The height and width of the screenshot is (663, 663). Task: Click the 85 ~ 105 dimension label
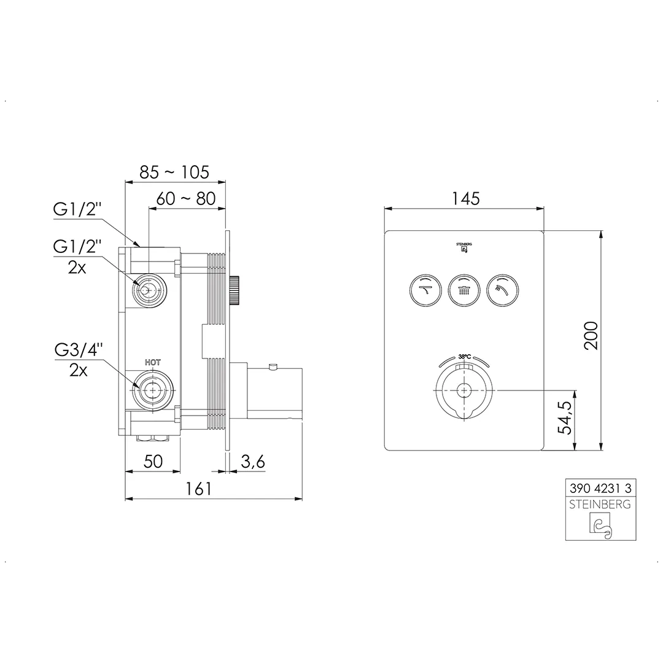tap(174, 172)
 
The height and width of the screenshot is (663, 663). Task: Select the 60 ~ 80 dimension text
tap(186, 198)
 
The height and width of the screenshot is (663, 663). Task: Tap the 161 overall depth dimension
tap(198, 489)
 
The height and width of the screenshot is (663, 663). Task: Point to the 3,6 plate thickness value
tap(253, 462)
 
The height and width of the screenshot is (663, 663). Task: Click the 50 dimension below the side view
tap(153, 461)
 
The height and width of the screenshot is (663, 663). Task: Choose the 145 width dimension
tap(466, 198)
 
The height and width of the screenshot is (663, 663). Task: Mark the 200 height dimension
tap(591, 335)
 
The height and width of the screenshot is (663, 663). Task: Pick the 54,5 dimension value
tap(565, 417)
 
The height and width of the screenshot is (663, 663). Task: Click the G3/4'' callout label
tap(79, 350)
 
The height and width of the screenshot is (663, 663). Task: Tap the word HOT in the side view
tap(153, 362)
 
